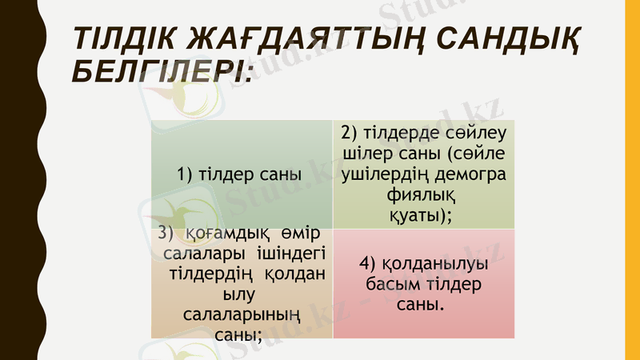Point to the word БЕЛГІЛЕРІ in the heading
(158, 74)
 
